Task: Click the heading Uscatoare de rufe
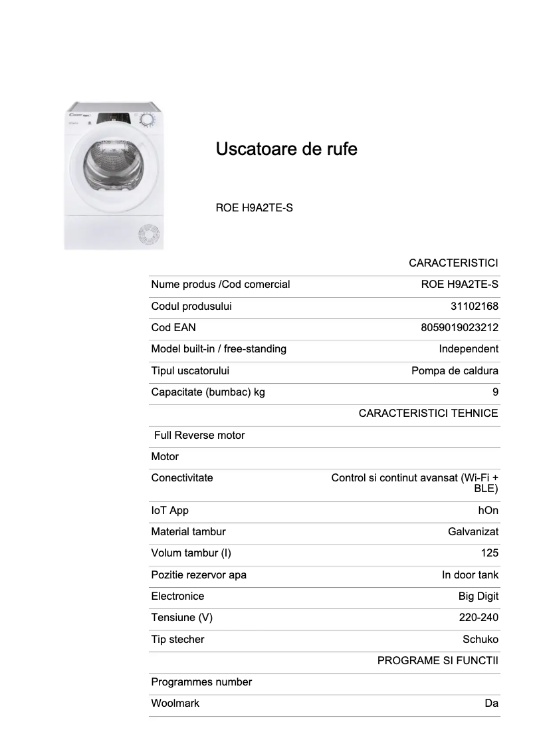286,149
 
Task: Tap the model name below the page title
254,207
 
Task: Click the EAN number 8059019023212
459,328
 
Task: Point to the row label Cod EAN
173,328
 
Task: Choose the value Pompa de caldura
455,371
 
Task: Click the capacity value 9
495,392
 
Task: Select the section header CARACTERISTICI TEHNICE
428,414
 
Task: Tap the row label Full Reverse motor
199,436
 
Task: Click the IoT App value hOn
488,511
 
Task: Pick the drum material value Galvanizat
473,532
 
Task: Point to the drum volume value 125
489,553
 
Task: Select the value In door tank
470,575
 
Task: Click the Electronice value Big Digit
478,596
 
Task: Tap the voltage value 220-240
479,618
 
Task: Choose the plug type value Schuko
480,640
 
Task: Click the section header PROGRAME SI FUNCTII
437,661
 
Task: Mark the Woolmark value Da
491,703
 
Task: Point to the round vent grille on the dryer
148,235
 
